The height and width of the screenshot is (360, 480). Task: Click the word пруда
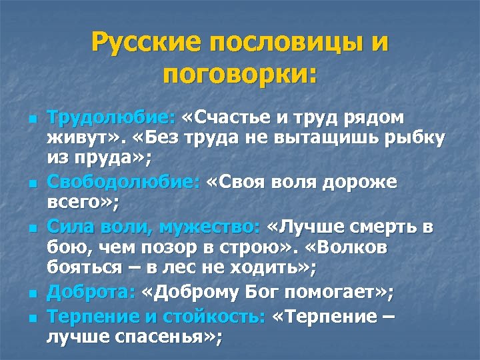[108, 158]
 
